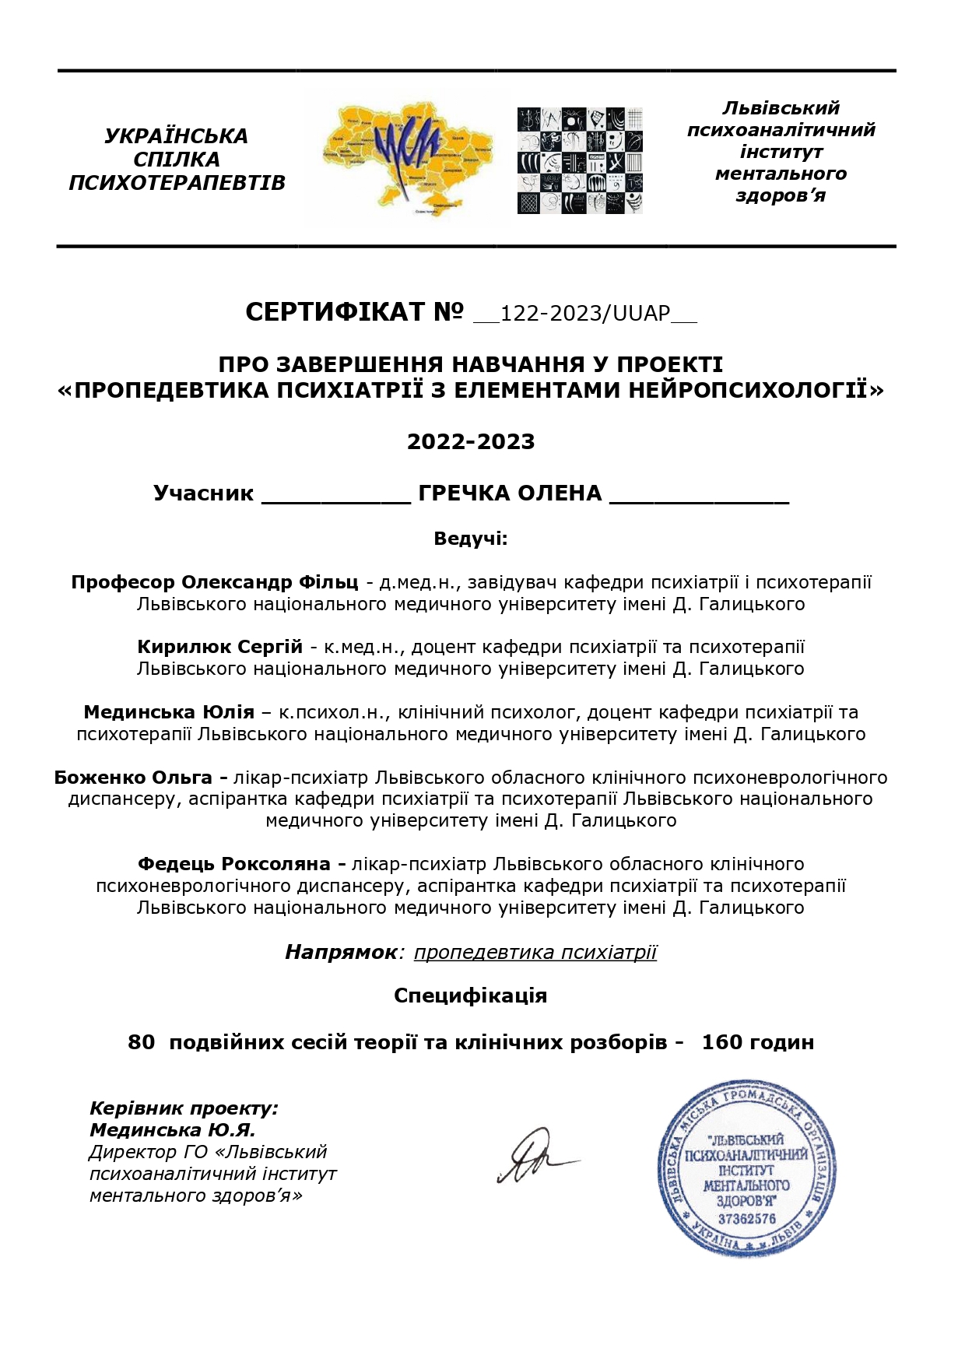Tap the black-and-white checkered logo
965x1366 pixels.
[x=580, y=161]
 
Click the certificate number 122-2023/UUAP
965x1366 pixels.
[x=585, y=313]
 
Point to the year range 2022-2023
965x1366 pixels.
[x=471, y=442]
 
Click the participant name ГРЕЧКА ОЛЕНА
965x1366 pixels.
[x=510, y=493]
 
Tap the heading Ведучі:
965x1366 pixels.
[x=471, y=539]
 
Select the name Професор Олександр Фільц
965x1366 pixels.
[x=215, y=582]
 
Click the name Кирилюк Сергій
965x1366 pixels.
[x=219, y=647]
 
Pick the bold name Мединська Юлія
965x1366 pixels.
[x=169, y=712]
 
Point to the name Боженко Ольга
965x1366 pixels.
[x=134, y=778]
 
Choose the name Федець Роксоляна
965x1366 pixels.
[x=235, y=864]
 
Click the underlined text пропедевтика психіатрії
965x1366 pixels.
[x=535, y=952]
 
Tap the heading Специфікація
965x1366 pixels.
[x=471, y=996]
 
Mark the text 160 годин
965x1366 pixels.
[x=757, y=1042]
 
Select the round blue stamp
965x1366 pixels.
[x=747, y=1168]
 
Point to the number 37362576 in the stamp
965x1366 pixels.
[x=747, y=1219]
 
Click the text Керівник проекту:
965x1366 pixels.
[x=184, y=1108]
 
